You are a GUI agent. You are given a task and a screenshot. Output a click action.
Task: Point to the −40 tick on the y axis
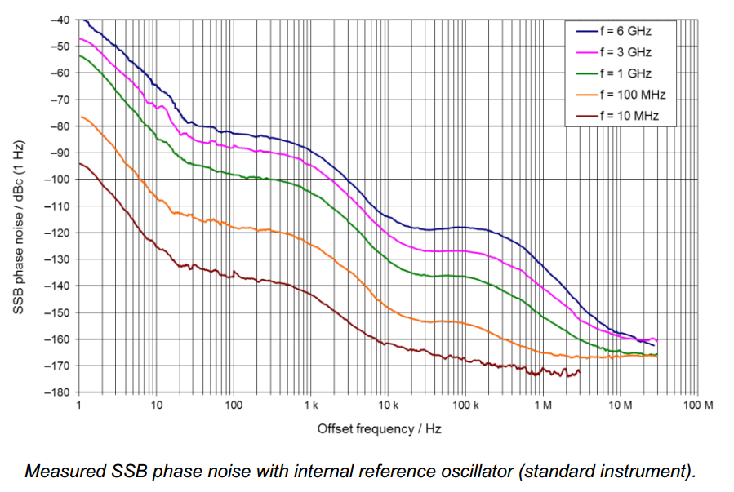(60, 20)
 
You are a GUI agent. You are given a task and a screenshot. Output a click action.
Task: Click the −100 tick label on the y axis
(58, 180)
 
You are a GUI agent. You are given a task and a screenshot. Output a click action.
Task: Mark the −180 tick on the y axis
(58, 392)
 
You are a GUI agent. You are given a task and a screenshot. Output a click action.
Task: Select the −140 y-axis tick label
(58, 286)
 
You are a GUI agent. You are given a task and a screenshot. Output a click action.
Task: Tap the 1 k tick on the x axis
(310, 406)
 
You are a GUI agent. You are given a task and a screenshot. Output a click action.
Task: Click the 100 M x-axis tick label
(698, 406)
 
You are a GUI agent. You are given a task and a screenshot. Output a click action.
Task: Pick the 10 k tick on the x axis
(388, 406)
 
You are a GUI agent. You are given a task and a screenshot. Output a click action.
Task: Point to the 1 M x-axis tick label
(543, 406)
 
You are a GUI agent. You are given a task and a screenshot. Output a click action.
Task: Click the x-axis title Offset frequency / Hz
(380, 428)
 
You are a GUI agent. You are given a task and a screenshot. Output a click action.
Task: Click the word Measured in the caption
(59, 471)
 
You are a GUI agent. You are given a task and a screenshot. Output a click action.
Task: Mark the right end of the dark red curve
(580, 371)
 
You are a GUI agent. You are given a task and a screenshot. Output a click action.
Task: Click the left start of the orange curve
(79, 117)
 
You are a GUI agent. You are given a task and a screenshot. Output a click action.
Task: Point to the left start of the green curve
(79, 55)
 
